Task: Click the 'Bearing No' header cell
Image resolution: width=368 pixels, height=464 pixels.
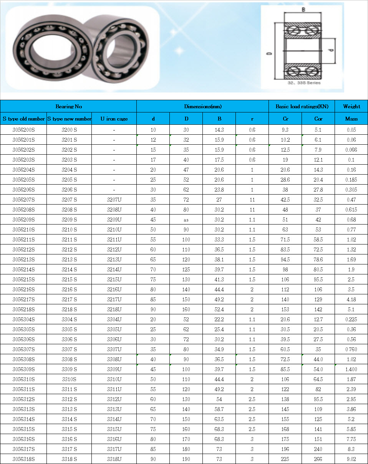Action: pos(69,106)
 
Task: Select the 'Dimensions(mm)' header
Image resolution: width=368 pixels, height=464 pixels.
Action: pos(203,106)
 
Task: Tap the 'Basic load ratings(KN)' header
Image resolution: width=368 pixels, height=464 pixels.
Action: pos(302,106)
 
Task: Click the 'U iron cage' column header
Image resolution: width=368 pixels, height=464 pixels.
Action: pos(114,119)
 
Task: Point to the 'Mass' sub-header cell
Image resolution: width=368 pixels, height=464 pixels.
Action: pos(351,119)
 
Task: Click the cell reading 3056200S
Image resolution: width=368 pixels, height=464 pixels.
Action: pos(24,130)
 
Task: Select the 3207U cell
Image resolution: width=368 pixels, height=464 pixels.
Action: pos(114,200)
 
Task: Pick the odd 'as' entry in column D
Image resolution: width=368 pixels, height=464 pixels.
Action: pos(186,220)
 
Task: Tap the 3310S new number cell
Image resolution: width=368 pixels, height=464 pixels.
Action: pos(69,379)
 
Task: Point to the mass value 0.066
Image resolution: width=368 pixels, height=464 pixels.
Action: pos(351,150)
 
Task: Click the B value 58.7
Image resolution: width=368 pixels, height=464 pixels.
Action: pos(219,409)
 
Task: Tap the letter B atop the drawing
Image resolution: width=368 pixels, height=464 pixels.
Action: pos(303,10)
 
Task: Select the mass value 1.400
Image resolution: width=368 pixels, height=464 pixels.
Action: pos(351,369)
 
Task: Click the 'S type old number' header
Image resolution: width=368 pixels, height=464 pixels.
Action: pos(24,119)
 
